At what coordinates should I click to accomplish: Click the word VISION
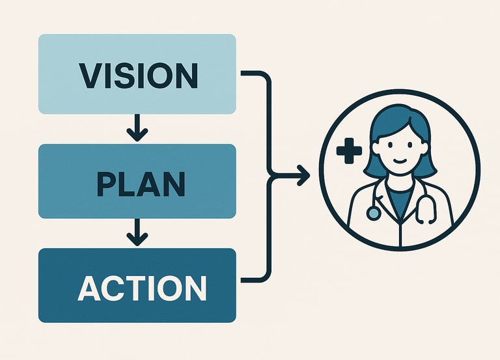point(138,75)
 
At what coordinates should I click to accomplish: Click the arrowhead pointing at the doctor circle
point(303,174)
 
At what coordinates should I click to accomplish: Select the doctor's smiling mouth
point(400,162)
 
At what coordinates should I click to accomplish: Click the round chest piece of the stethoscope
point(373,213)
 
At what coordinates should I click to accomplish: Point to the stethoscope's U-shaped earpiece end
point(427,211)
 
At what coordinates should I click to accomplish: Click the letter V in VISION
point(90,75)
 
